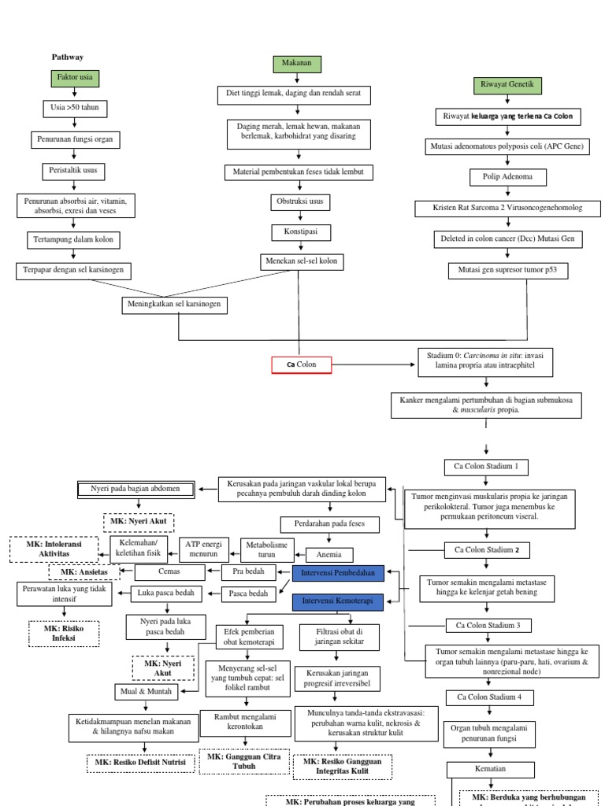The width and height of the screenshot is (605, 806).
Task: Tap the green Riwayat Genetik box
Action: point(507,85)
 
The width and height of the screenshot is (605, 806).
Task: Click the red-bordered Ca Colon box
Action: point(301,364)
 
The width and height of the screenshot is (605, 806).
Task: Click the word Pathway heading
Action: point(68,57)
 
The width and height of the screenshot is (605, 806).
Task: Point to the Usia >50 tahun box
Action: point(74,108)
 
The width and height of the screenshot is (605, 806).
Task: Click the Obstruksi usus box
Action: point(298,201)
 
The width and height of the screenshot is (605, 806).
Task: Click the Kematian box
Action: point(490,769)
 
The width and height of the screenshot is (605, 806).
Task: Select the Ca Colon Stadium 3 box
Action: point(488,626)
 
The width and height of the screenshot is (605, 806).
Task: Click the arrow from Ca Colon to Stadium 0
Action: point(374,364)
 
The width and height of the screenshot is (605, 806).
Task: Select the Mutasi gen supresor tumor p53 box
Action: point(507,271)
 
